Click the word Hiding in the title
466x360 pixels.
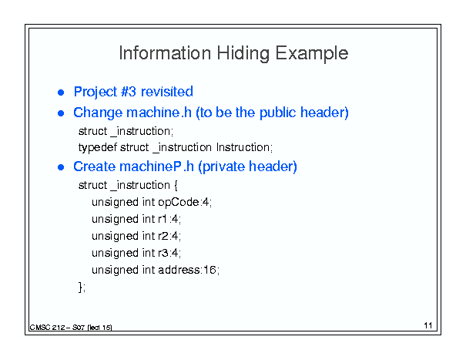coord(243,54)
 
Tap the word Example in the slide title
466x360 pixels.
coord(311,54)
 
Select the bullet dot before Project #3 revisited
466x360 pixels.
coord(61,93)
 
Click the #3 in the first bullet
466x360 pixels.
coord(129,91)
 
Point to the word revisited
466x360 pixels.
coord(167,91)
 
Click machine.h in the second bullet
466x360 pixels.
coord(159,113)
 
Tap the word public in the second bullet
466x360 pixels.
coord(277,113)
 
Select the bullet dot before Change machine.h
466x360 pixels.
coord(61,113)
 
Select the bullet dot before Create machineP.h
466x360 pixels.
coord(61,167)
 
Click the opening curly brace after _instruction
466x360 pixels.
coord(176,186)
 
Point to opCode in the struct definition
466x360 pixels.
coord(179,203)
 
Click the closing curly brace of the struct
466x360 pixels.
coord(80,287)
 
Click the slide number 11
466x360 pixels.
coord(428,325)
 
